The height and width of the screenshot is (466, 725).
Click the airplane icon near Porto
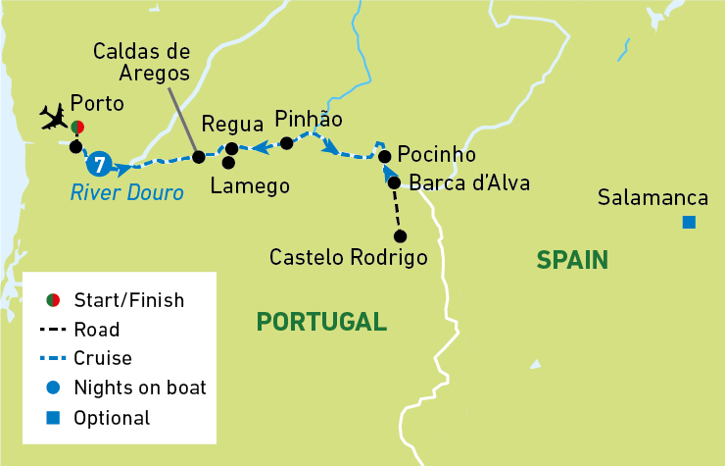point(54,118)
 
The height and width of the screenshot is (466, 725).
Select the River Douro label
point(126,193)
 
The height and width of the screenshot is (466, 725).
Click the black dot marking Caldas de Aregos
point(198,157)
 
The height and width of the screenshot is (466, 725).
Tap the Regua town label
point(232,125)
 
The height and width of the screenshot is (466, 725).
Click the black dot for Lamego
point(228,162)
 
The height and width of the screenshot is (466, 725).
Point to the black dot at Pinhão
point(286,143)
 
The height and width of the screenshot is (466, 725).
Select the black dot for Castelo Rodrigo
point(401,235)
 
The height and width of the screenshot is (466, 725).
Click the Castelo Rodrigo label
point(349,258)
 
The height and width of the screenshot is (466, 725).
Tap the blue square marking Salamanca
point(689,223)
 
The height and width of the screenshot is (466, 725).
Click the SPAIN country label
point(572,260)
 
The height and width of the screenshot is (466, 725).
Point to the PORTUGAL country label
point(320,321)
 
